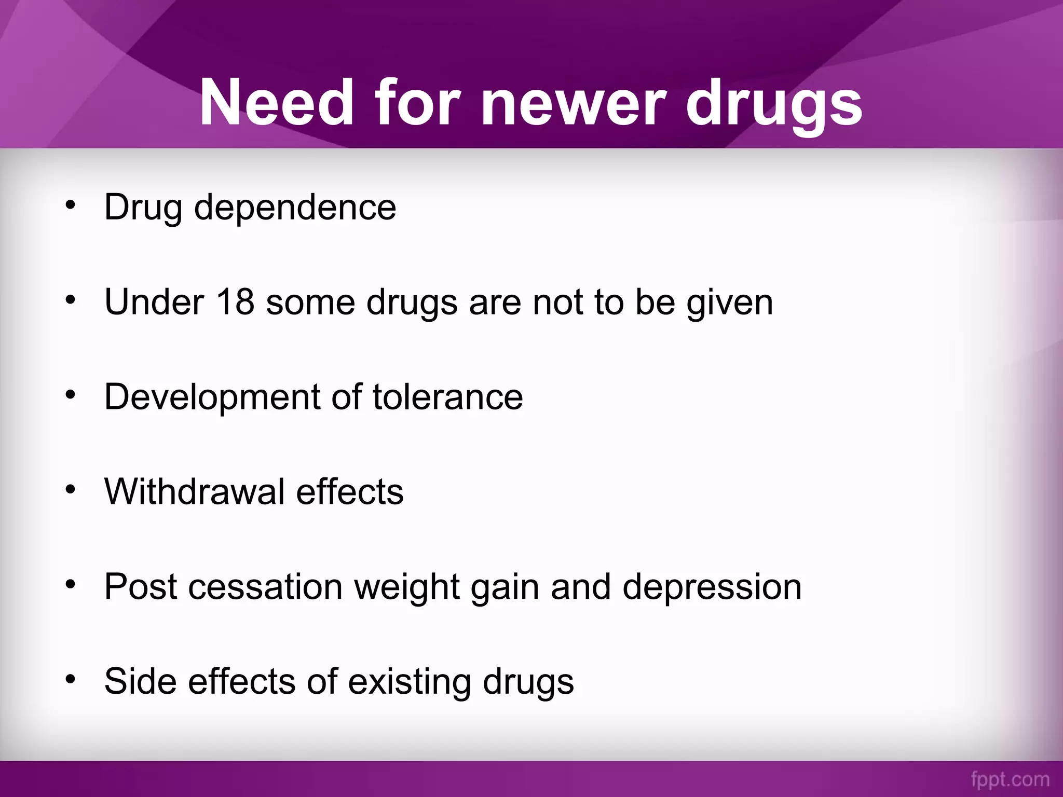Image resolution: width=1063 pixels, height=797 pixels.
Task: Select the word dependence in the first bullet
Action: pyautogui.click(x=295, y=207)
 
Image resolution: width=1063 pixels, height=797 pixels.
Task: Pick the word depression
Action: pyautogui.click(x=712, y=588)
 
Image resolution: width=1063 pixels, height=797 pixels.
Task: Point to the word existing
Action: pyautogui.click(x=409, y=682)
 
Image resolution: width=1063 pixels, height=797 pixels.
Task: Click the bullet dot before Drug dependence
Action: pyautogui.click(x=71, y=205)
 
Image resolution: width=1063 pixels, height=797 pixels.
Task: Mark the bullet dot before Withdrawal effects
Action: pyautogui.click(x=71, y=489)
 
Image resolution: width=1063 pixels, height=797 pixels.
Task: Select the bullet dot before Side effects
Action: pyautogui.click(x=71, y=679)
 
